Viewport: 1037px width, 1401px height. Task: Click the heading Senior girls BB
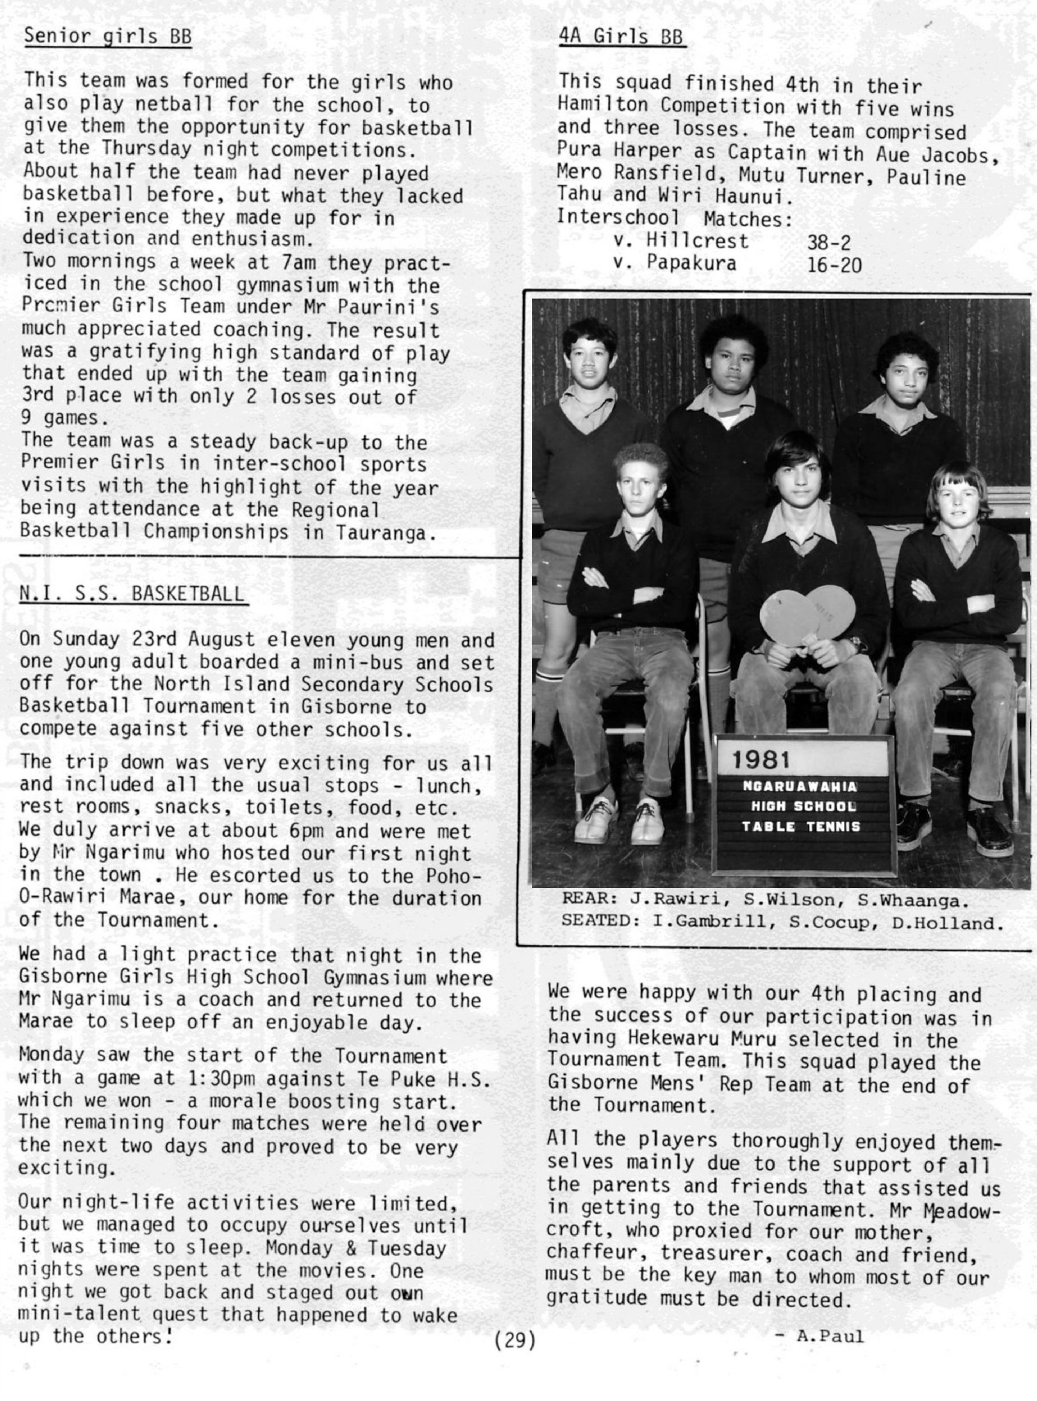tap(107, 36)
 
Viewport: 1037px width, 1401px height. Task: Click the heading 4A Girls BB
tap(621, 36)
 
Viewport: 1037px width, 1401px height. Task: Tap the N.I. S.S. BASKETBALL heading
tap(131, 594)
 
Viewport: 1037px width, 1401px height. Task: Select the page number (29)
tap(514, 1340)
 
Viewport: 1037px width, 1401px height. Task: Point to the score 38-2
tap(829, 242)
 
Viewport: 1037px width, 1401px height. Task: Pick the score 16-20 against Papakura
tap(834, 265)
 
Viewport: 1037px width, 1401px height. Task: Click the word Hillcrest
tap(697, 241)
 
